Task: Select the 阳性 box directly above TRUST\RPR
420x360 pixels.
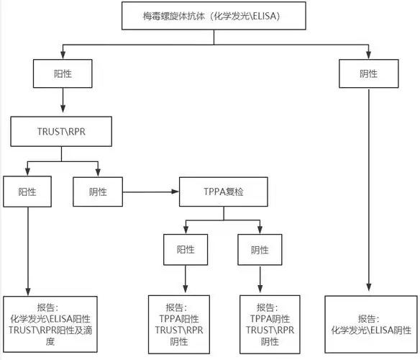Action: coord(63,73)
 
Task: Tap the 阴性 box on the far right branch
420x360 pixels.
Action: coord(368,73)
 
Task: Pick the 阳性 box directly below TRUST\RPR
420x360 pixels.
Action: coord(27,192)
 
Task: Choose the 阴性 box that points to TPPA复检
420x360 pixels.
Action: coord(98,192)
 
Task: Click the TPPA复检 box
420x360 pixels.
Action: coord(224,192)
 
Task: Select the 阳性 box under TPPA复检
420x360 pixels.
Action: coord(185,250)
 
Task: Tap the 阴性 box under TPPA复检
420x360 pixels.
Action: coord(260,250)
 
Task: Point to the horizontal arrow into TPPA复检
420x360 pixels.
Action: coord(151,192)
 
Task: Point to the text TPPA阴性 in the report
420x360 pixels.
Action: coord(270,318)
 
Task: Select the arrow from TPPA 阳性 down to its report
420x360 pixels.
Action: coord(185,279)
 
